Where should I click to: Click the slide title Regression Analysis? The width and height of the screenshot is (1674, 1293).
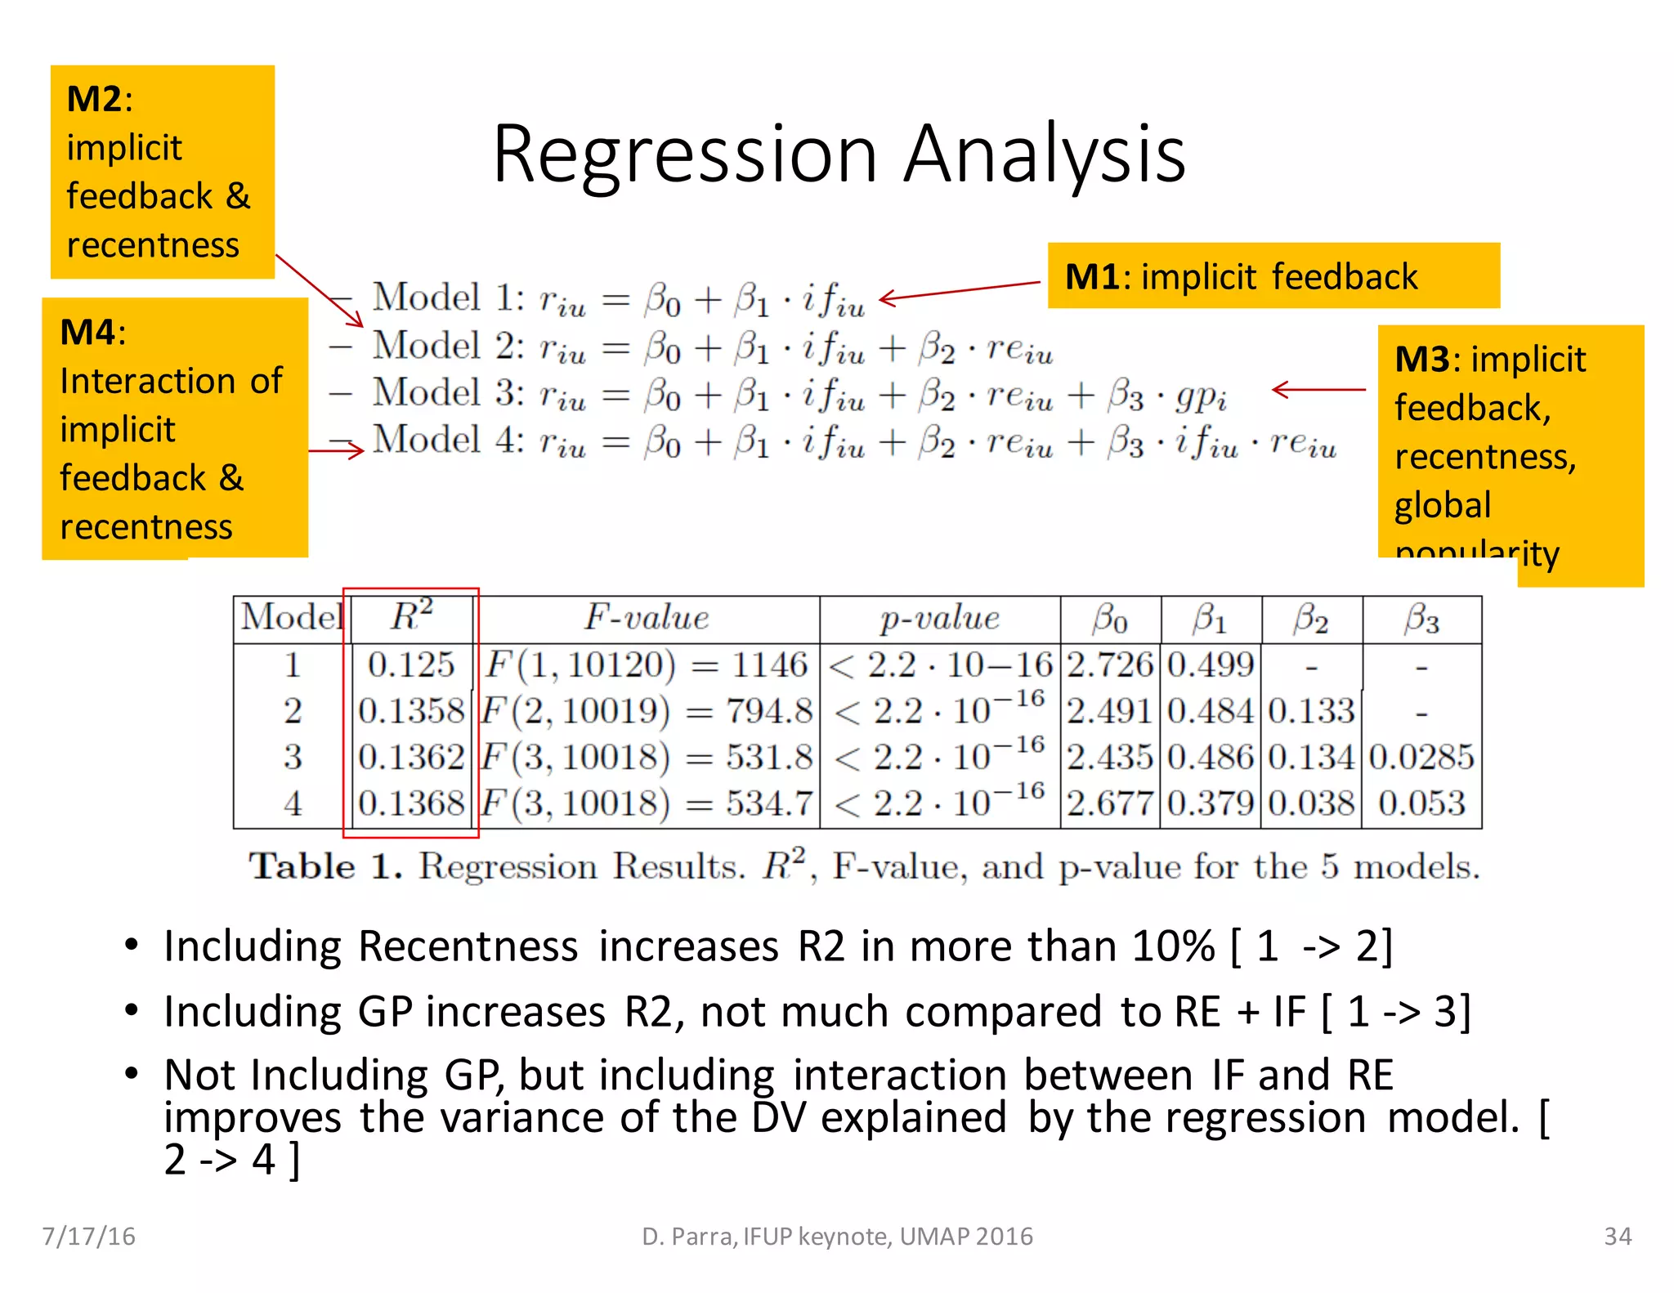839,154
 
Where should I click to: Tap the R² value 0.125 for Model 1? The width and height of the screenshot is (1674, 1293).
410,665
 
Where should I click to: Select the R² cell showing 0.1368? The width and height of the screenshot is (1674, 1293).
411,803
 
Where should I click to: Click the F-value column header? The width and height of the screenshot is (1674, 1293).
646,618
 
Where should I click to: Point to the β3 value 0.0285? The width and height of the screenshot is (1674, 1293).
1421,758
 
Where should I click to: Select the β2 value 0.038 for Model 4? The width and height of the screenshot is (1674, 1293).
1311,803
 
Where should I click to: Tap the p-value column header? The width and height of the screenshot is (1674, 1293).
939,619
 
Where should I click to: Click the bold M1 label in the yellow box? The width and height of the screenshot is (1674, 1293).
1092,277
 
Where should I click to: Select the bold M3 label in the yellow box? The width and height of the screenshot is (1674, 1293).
1422,360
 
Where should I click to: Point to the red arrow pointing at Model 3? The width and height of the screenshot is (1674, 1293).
1318,390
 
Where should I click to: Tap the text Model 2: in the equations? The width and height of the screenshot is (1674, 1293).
449,347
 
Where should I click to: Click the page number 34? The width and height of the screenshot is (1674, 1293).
1617,1236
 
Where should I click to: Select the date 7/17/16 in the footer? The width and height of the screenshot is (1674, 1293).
89,1236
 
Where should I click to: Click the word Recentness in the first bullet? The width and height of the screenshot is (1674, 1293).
468,946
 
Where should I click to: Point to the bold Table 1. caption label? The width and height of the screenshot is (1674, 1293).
325,866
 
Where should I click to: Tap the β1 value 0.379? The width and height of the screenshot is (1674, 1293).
1211,803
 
